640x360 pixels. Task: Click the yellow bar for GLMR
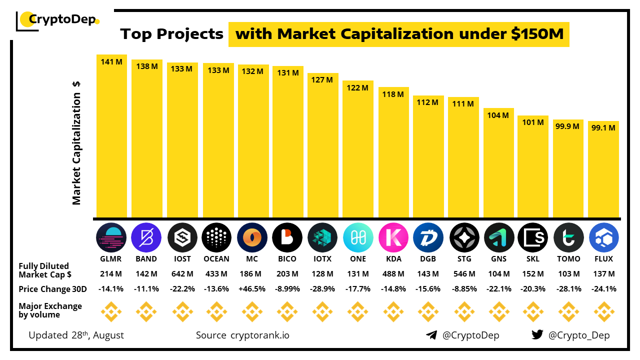(111, 140)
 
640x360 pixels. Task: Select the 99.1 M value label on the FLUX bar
(603, 127)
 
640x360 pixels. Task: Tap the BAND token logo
(146, 237)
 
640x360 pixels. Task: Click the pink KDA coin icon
(393, 237)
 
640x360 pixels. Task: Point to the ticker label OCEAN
(216, 259)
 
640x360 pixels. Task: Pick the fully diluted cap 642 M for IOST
(182, 274)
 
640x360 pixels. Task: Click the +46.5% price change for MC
(252, 289)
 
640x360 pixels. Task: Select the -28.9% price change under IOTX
(322, 289)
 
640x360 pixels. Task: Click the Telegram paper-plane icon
(431, 335)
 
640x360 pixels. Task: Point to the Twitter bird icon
(537, 335)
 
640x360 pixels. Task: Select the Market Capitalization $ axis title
(76, 143)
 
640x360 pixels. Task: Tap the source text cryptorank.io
(259, 335)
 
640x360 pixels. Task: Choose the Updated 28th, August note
(76, 335)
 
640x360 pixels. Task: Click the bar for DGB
(428, 160)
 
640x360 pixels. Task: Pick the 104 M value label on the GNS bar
(498, 115)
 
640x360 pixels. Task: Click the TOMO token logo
(568, 237)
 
